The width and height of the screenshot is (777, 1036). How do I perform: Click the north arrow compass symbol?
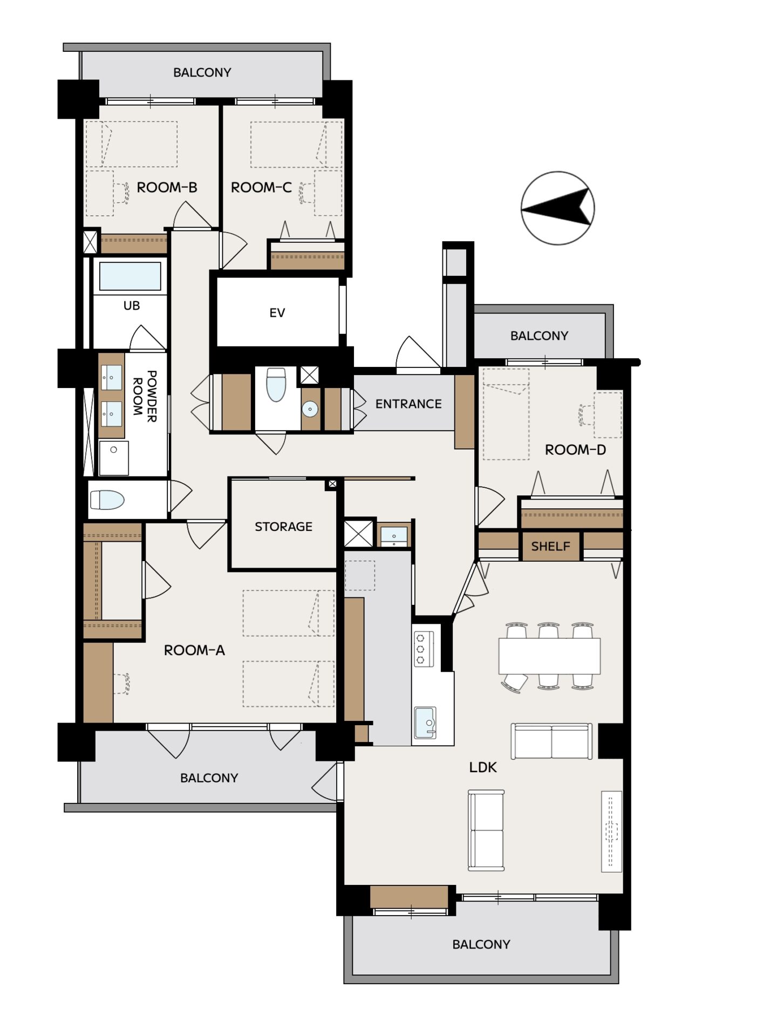(557, 208)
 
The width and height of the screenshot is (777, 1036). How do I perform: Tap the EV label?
(277, 313)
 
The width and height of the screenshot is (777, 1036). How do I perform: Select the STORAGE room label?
(283, 527)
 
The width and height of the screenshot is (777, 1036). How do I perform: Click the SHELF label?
(550, 546)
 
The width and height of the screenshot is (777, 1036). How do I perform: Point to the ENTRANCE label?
(408, 404)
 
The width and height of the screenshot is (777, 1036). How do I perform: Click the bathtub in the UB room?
(130, 276)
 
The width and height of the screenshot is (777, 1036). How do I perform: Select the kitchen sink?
(425, 723)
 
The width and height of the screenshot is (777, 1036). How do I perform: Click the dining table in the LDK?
(549, 656)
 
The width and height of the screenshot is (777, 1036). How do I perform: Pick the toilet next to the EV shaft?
(276, 385)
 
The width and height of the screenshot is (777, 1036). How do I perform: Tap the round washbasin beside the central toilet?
(310, 409)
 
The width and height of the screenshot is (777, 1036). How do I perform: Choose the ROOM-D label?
(575, 449)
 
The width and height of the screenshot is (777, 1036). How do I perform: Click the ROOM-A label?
(194, 650)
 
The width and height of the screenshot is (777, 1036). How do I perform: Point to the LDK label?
(483, 767)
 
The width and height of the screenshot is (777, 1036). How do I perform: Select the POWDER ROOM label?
(145, 396)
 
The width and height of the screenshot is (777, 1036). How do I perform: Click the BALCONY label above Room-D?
(539, 336)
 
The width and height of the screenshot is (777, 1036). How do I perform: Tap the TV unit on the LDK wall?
(611, 831)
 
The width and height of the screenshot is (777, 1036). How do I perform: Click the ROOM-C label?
(261, 187)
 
